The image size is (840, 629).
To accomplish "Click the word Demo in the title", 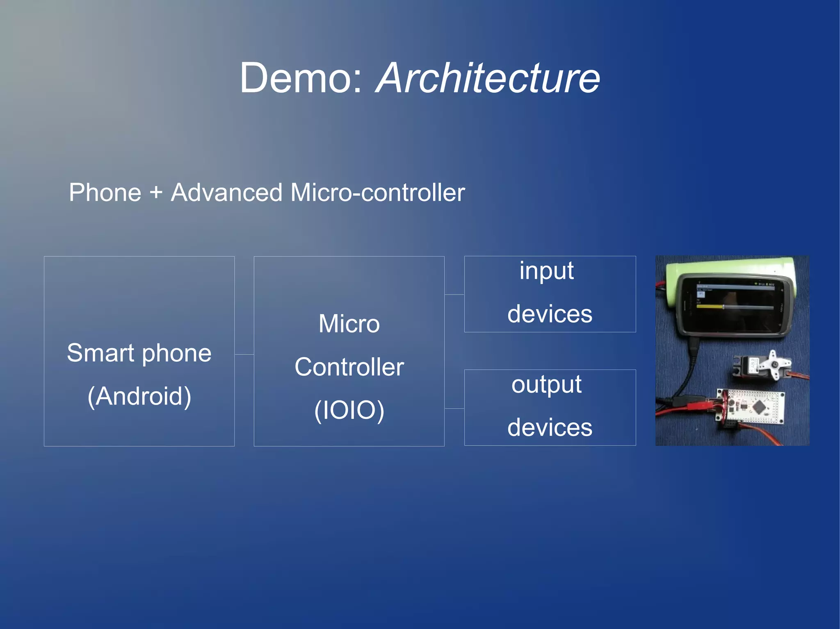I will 301,78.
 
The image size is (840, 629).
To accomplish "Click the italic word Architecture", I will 488,78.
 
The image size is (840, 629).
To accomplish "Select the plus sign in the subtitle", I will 156,193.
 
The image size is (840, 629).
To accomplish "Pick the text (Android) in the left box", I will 139,396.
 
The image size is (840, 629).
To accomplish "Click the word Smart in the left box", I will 100,353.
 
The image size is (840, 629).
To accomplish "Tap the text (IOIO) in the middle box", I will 349,410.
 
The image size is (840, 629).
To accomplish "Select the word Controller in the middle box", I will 349,367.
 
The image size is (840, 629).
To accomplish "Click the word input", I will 546,271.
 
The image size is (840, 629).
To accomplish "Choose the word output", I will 546,384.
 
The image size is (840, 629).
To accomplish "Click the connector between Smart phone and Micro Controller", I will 244,354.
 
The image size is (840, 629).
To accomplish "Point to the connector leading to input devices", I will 454,294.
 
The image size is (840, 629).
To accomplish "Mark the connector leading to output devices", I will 454,408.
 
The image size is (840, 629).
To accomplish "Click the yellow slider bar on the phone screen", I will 710,307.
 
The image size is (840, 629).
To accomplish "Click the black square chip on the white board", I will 760,406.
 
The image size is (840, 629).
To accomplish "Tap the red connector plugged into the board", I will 697,406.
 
